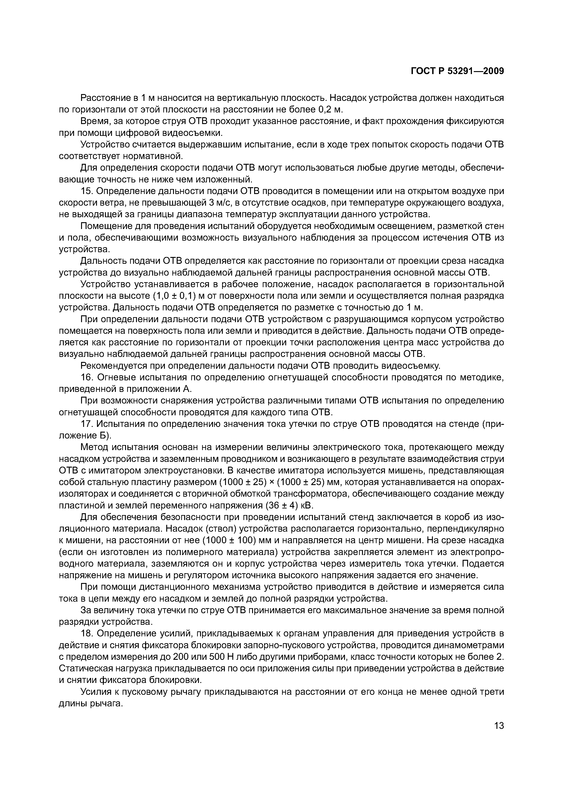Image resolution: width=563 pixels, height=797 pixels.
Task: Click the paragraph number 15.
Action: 86,191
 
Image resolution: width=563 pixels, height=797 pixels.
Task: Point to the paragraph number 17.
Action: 86,424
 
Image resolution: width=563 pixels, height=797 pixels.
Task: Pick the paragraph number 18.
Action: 86,633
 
